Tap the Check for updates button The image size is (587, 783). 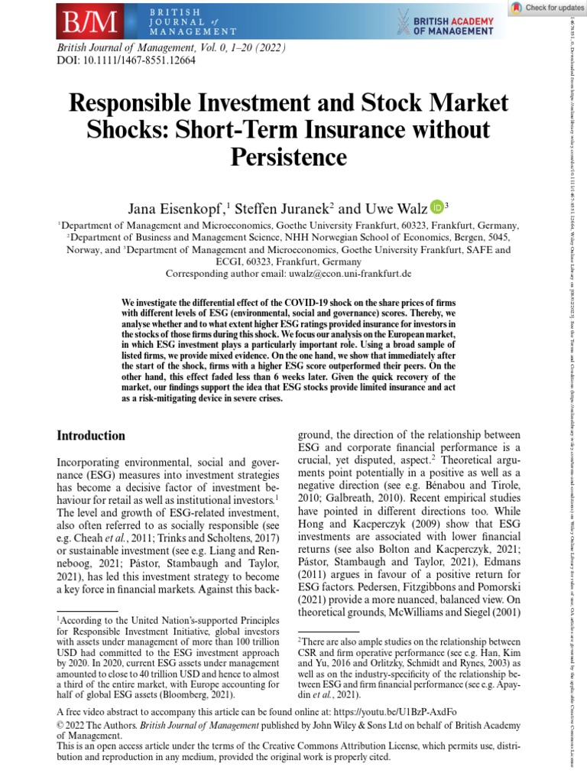544,8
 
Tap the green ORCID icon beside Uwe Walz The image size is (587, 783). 436,206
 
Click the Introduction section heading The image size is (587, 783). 91,436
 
